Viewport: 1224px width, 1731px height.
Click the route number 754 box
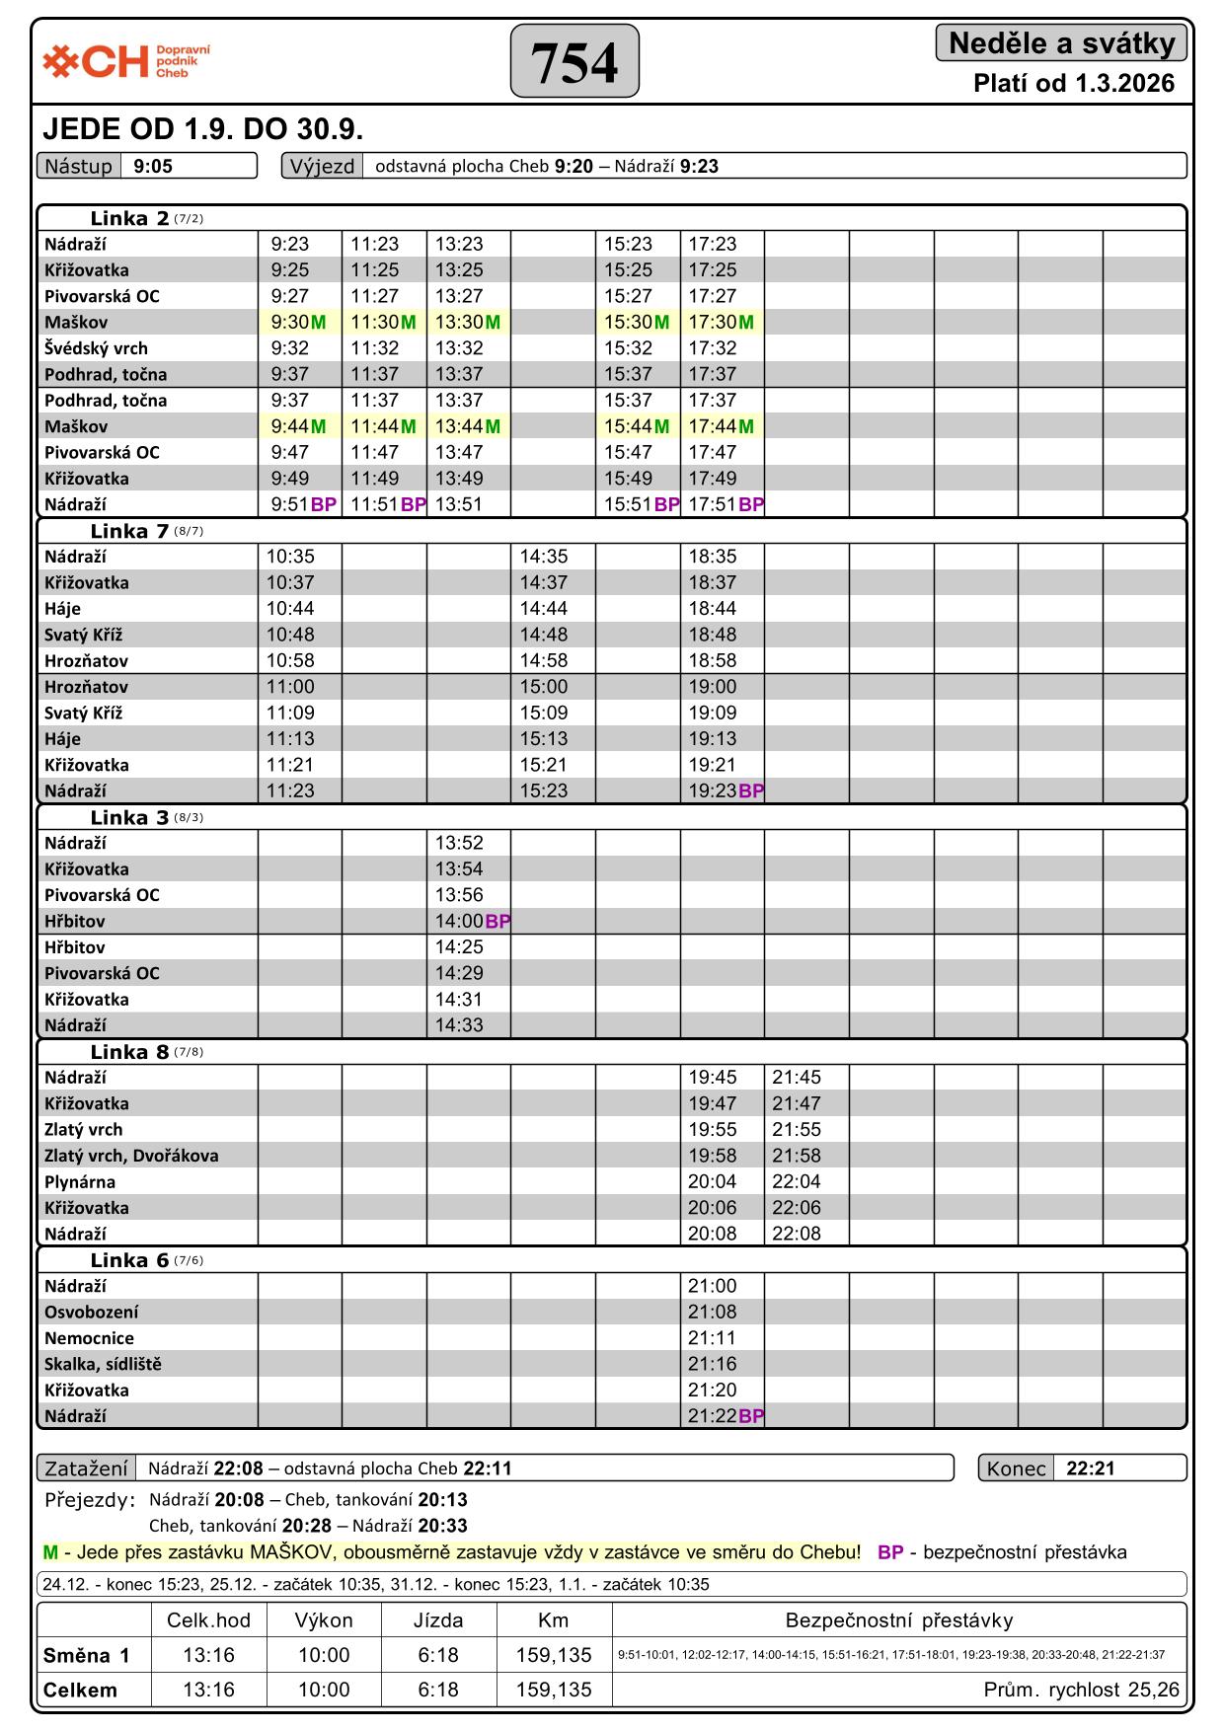(574, 62)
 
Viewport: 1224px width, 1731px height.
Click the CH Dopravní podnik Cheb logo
(125, 61)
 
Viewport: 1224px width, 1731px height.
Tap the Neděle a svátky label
(1061, 43)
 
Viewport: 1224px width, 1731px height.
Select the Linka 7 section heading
(130, 532)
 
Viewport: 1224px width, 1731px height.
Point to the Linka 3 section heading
(130, 818)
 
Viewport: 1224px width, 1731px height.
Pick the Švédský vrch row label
(96, 348)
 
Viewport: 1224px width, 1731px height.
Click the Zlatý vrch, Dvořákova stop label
(131, 1156)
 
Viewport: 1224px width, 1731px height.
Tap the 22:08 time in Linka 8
(796, 1234)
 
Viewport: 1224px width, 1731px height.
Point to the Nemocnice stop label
(89, 1338)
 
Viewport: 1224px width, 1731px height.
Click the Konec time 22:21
(1090, 1468)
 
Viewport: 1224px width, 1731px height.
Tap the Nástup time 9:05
(153, 166)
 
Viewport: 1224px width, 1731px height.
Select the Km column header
(553, 1620)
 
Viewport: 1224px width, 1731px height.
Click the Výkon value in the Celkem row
(324, 1690)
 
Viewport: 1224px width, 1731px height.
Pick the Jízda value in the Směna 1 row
(438, 1655)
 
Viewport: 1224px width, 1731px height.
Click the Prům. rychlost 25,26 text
(1081, 1690)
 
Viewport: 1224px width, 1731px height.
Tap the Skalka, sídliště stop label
(103, 1364)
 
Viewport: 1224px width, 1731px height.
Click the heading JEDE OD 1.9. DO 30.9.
(203, 129)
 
